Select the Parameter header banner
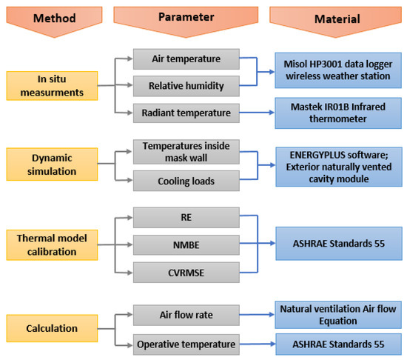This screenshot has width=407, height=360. click(x=186, y=20)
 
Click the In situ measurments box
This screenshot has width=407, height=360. click(x=52, y=86)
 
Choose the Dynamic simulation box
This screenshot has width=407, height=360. click(x=52, y=164)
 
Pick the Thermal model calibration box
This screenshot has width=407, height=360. click(x=52, y=245)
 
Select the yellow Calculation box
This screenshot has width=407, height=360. click(x=52, y=328)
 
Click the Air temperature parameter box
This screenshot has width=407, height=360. click(x=186, y=59)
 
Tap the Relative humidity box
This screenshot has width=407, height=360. click(x=186, y=86)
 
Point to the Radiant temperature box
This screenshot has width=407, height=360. click(x=186, y=113)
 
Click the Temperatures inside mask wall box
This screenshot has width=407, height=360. click(x=186, y=152)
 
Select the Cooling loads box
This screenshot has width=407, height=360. click(x=186, y=181)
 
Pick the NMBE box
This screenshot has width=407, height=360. click(x=186, y=245)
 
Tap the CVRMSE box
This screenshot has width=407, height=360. click(x=186, y=273)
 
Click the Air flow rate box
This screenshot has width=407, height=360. click(x=186, y=315)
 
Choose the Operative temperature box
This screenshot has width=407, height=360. click(x=186, y=344)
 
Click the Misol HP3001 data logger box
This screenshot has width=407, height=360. click(x=338, y=70)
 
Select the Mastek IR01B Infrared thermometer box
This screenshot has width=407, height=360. click(x=338, y=113)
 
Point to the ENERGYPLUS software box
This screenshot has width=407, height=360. click(x=339, y=167)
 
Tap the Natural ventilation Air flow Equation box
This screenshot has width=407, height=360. click(x=338, y=315)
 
